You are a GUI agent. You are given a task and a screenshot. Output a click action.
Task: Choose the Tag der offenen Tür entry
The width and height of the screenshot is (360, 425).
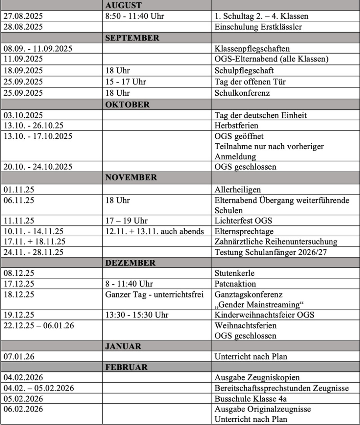[250, 82]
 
